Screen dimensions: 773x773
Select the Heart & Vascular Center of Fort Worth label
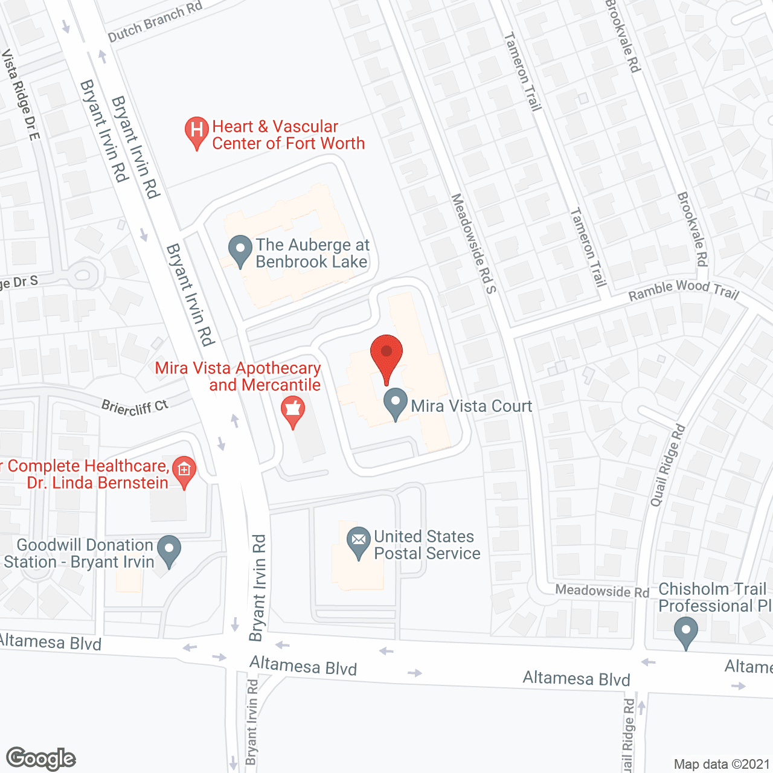click(288, 135)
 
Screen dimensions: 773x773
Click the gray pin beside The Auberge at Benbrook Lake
click(240, 250)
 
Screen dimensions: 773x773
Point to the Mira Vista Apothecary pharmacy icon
click(293, 411)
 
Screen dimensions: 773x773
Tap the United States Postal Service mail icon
click(359, 541)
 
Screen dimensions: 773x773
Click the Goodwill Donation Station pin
click(168, 550)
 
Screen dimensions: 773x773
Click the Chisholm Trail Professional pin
click(685, 632)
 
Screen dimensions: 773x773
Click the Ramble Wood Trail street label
click(684, 290)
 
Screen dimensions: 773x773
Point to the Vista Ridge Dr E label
click(21, 94)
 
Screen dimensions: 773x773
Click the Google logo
click(41, 759)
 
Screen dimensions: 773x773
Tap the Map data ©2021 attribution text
click(722, 765)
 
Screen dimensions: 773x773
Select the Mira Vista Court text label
click(472, 406)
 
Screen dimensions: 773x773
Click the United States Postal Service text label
click(427, 545)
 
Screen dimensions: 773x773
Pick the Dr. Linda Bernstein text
click(98, 483)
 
